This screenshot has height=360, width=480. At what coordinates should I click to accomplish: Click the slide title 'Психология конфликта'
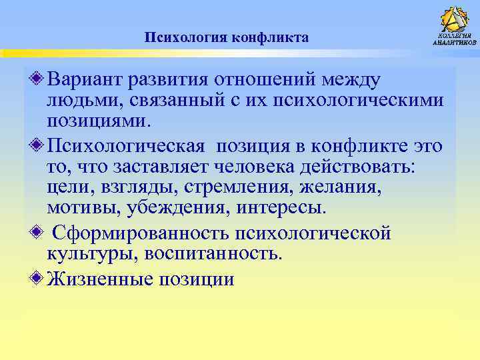pos(227,37)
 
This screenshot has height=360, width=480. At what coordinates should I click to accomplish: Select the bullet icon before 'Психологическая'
pos(38,144)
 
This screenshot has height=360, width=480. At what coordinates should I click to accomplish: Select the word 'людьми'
pos(80,101)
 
